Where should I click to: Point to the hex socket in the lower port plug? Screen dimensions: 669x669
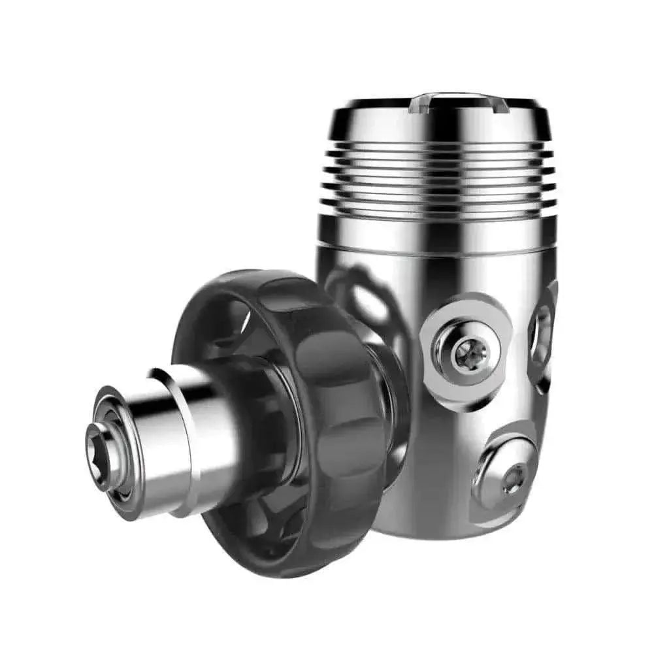pos(512,480)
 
